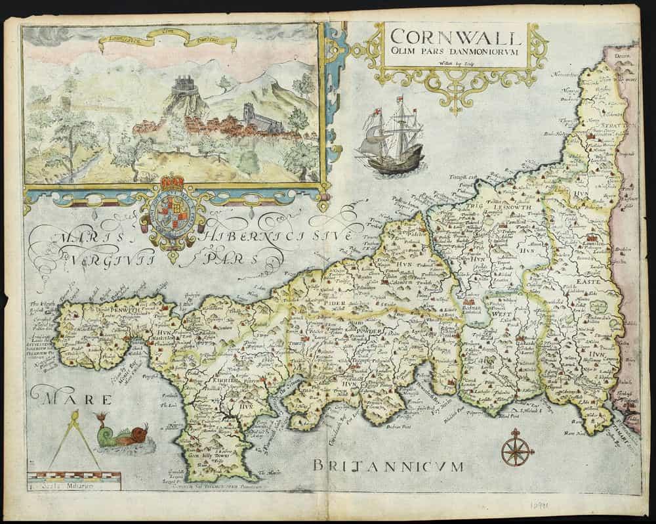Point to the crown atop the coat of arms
pos(173,182)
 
